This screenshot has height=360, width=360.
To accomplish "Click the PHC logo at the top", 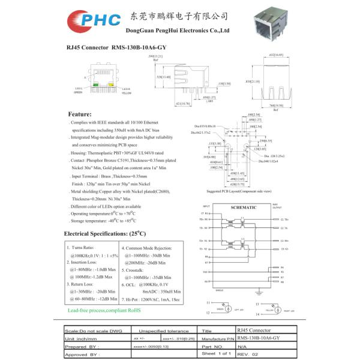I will pyautogui.click(x=91, y=22).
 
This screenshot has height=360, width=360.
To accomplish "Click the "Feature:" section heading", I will pyautogui.click(x=80, y=114).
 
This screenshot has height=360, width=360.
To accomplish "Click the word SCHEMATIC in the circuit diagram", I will pyautogui.click(x=243, y=207).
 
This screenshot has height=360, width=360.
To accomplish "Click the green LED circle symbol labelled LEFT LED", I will pyautogui.click(x=229, y=308).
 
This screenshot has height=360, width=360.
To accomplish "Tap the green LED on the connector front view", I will pyautogui.click(x=95, y=85).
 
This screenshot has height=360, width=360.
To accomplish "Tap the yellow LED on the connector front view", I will pyautogui.click(x=110, y=85).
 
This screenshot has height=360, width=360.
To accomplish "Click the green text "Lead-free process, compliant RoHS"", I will pyautogui.click(x=104, y=310).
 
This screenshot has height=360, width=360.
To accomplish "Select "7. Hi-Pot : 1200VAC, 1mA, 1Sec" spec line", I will pyautogui.click(x=151, y=298).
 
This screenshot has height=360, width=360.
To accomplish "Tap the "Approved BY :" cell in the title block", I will pyautogui.click(x=82, y=355).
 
